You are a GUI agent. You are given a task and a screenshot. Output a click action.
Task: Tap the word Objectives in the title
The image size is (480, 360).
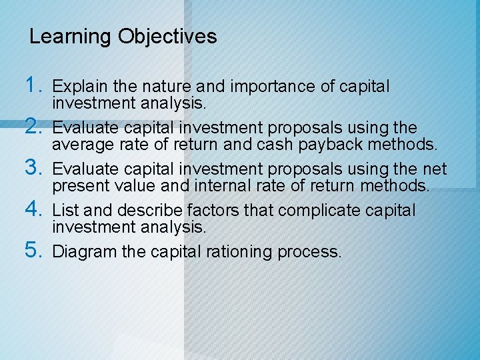[167, 37]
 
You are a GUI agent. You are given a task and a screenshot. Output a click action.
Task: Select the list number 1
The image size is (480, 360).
[33, 85]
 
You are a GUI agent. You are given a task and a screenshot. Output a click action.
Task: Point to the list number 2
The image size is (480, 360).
[33, 126]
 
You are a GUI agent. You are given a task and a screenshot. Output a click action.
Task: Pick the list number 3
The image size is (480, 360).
[33, 168]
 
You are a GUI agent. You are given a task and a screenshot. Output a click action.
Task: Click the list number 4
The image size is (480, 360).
[33, 209]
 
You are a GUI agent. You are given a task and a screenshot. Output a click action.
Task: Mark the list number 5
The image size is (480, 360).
[33, 251]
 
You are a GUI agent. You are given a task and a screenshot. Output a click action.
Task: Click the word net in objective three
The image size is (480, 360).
[435, 169]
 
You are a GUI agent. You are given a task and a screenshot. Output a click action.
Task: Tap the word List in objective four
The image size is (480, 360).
[66, 211]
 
